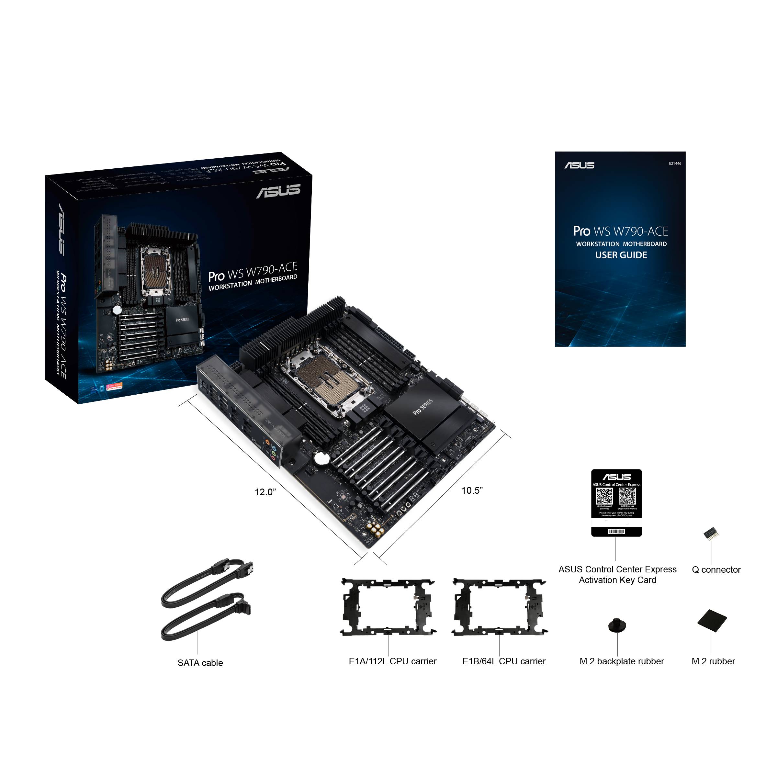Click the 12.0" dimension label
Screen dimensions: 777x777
(x=265, y=492)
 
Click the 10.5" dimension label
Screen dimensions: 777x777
(x=472, y=490)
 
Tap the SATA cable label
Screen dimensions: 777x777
(x=200, y=663)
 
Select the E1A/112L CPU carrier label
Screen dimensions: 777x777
(x=392, y=661)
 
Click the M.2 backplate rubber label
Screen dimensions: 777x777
(x=621, y=661)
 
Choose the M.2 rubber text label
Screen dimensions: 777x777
(x=713, y=661)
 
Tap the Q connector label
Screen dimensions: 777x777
(x=716, y=569)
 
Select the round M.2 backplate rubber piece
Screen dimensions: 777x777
(x=617, y=625)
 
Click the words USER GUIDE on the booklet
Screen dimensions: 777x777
(x=621, y=255)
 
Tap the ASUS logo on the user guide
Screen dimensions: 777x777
(x=579, y=165)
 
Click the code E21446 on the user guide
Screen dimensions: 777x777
(x=675, y=164)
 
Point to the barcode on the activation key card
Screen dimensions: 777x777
(x=616, y=532)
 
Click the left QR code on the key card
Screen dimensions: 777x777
(x=604, y=497)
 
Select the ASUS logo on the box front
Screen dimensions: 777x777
(x=278, y=191)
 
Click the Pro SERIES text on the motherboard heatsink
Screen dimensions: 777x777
(x=423, y=407)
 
